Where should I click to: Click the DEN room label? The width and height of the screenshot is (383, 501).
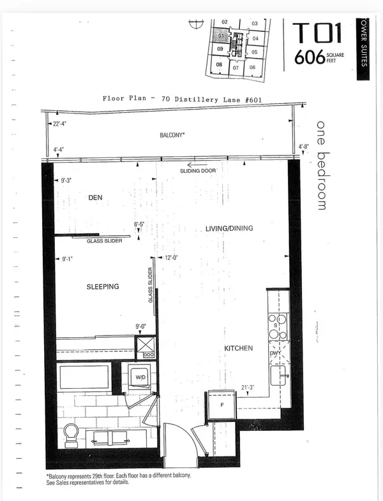pyautogui.click(x=95, y=198)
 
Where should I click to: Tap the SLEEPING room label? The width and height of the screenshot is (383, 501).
pyautogui.click(x=103, y=287)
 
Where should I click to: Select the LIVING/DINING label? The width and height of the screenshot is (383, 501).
pyautogui.click(x=230, y=228)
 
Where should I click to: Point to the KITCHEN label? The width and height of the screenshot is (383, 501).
pyautogui.click(x=239, y=349)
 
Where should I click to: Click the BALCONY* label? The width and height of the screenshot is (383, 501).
pyautogui.click(x=173, y=136)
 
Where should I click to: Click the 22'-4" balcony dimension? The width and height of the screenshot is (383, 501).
pyautogui.click(x=61, y=124)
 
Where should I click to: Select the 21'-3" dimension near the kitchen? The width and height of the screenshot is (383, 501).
pyautogui.click(x=249, y=387)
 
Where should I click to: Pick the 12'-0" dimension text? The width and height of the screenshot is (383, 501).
pyautogui.click(x=171, y=258)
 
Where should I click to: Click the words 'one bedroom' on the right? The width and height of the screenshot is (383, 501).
pyautogui.click(x=321, y=164)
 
